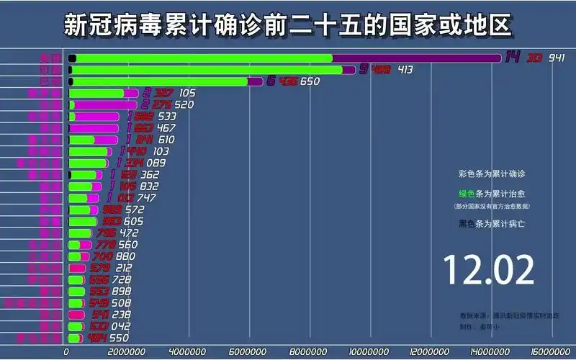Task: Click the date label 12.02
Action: (x=489, y=269)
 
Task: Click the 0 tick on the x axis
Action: (x=67, y=351)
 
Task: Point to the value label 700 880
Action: (x=114, y=256)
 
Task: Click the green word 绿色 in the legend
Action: (x=467, y=194)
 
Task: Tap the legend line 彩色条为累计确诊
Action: (x=492, y=174)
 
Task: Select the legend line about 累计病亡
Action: (x=492, y=224)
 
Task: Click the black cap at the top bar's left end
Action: (x=72, y=58)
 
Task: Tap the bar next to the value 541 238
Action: (x=75, y=315)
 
